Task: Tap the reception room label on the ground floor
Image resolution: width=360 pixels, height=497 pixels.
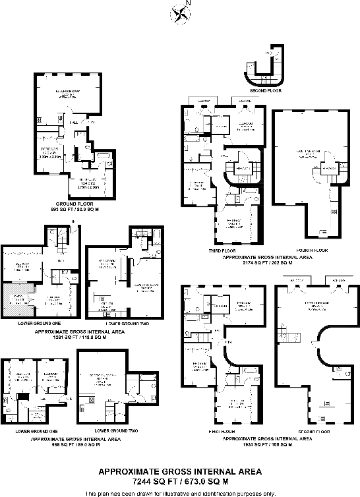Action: coord(67,94)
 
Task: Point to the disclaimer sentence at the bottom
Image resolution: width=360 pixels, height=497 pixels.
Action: coord(179,493)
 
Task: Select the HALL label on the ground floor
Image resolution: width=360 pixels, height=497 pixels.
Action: coord(75,123)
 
